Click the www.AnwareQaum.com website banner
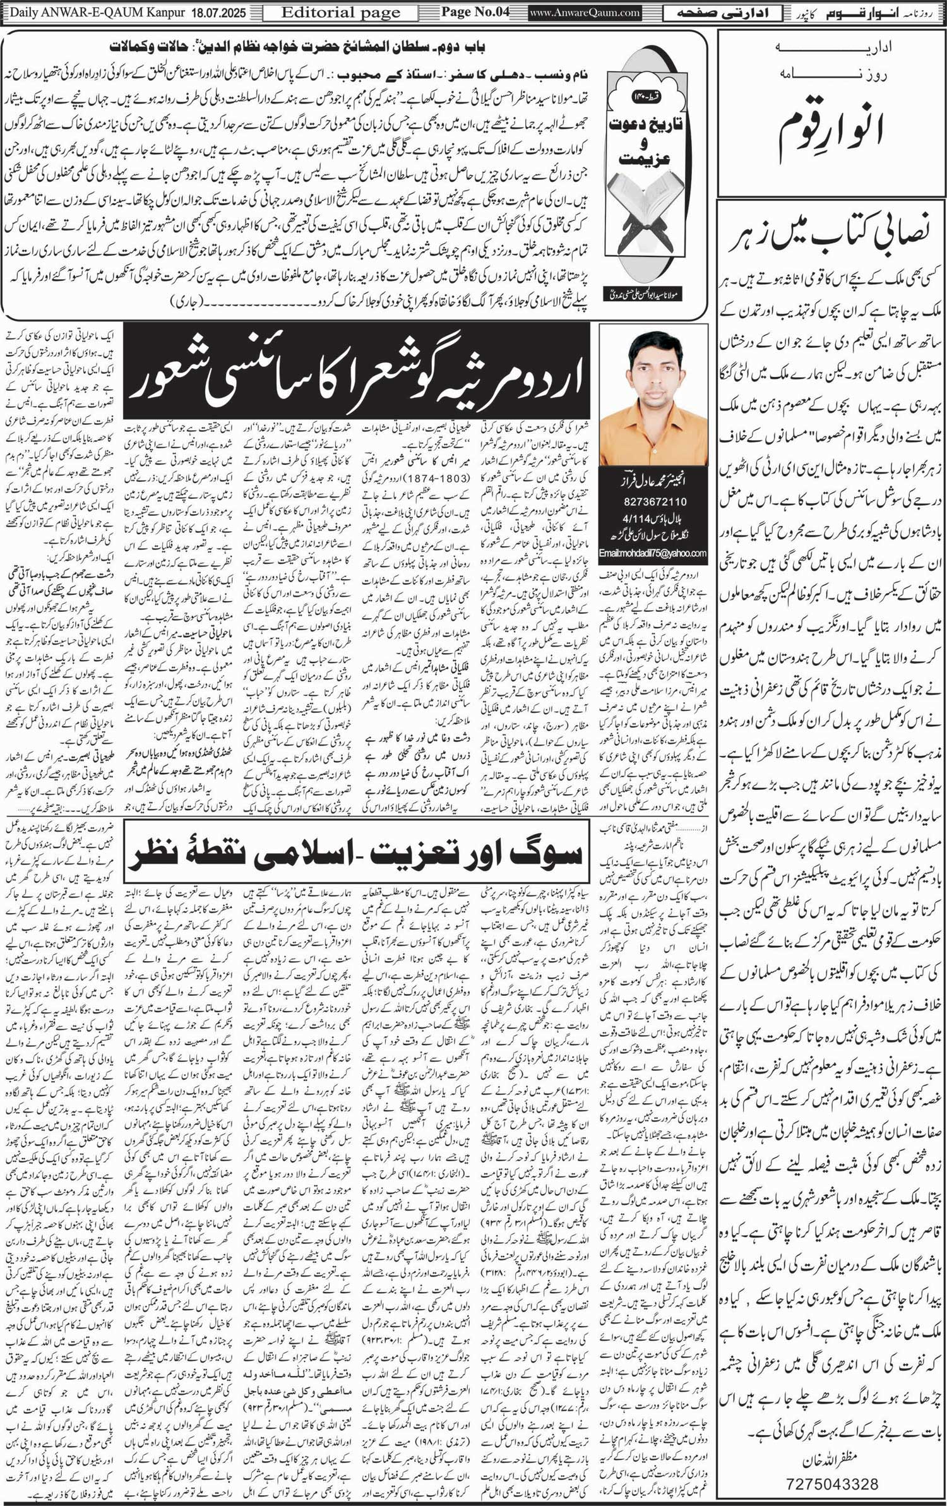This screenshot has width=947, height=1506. pyautogui.click(x=585, y=13)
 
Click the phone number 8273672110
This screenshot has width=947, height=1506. pyautogui.click(x=653, y=501)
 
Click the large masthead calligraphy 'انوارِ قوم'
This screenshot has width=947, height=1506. pyautogui.click(x=831, y=124)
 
